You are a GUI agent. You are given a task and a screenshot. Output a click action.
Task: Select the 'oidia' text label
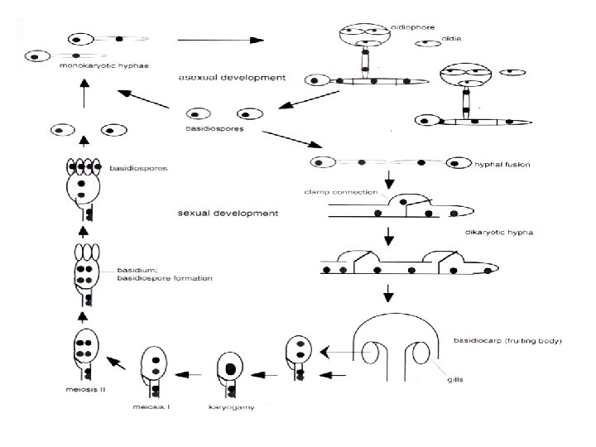pyautogui.click(x=452, y=37)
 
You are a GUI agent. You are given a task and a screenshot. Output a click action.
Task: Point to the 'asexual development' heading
pyautogui.click(x=233, y=77)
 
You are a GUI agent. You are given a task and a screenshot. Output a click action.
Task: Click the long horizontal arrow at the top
pyautogui.click(x=219, y=39)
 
